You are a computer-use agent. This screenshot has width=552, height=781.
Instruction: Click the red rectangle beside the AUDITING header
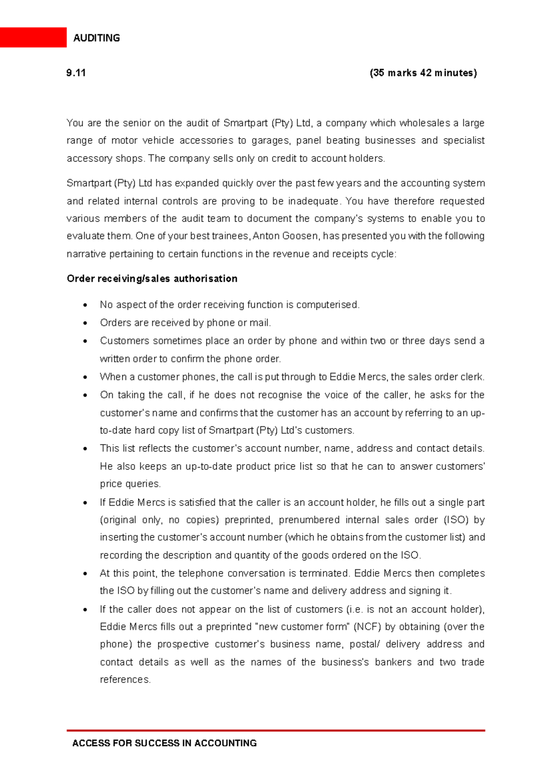(x=33, y=37)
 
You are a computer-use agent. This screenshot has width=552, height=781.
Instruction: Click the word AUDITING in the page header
(x=97, y=38)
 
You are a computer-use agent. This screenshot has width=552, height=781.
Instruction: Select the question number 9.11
(x=76, y=73)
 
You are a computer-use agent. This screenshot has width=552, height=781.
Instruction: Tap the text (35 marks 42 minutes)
(x=423, y=73)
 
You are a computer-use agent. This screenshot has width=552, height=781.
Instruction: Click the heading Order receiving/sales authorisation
(x=152, y=279)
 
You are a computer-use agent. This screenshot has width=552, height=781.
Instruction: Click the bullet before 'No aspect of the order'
(x=85, y=305)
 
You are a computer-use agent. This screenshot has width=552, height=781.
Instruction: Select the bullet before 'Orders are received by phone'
(x=85, y=323)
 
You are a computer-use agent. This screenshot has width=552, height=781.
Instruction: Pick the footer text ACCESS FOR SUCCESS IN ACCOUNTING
(x=164, y=743)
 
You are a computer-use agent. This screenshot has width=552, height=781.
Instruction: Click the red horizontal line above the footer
(x=276, y=730)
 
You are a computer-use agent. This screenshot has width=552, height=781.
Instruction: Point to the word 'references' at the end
(x=125, y=680)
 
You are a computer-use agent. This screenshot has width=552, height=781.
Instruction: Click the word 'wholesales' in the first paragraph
(x=425, y=123)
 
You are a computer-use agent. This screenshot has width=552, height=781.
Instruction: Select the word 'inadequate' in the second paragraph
(x=315, y=201)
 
